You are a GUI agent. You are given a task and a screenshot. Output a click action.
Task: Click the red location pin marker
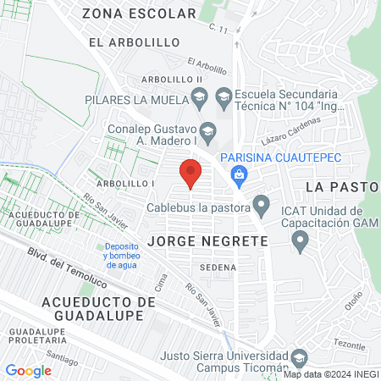tap(190, 173)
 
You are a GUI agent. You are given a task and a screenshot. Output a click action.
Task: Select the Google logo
tap(28, 370)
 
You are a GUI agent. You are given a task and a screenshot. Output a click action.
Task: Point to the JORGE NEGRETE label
tap(207, 241)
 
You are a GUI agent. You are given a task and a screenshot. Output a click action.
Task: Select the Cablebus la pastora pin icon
tap(262, 207)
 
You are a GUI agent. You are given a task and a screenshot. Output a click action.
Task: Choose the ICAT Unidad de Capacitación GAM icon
tap(300, 243)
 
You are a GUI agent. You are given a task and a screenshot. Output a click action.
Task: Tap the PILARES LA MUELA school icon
tap(199, 97)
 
